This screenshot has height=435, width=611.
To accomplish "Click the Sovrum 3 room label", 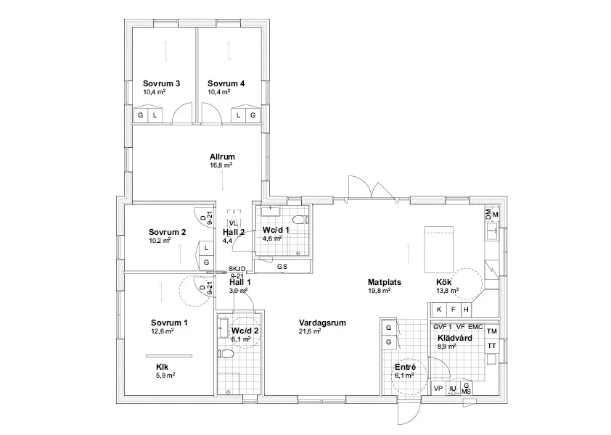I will [x=161, y=83].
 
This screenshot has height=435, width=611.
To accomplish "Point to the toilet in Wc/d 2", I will [x=226, y=355].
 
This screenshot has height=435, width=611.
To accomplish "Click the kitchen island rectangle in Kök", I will [x=437, y=247].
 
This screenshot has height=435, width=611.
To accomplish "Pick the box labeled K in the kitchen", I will [x=440, y=309].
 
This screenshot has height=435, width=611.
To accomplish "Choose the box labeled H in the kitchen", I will [x=466, y=309].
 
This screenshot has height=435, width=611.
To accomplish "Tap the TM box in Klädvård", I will [x=492, y=331].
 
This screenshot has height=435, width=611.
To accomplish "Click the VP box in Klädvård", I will [x=438, y=389].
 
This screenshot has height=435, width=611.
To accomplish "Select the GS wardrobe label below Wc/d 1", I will [x=282, y=266].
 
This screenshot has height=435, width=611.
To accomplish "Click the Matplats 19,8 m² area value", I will [x=379, y=291].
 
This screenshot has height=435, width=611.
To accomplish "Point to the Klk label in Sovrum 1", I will [x=162, y=367].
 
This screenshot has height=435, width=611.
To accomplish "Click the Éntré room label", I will [x=404, y=367].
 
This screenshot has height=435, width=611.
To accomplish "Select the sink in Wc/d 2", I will [x=224, y=326].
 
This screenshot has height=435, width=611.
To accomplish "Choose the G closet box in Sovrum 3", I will [x=140, y=115].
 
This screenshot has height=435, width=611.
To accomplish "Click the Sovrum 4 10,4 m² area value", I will [x=218, y=93].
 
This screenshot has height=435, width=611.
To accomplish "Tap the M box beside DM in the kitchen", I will [x=496, y=215].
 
